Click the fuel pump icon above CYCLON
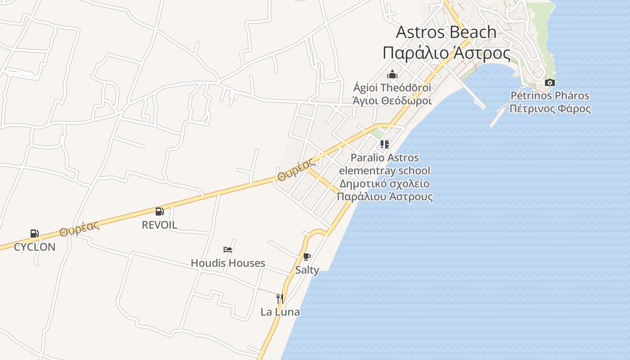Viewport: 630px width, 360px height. (x=34, y=234)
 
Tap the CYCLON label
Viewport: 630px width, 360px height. (x=35, y=247)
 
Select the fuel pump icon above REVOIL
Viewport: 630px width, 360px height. (x=159, y=211)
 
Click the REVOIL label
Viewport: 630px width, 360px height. (x=159, y=225)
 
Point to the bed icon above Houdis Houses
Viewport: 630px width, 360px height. (x=228, y=250)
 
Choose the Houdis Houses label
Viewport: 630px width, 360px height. (x=228, y=263)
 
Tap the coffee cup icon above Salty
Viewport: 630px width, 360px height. (x=307, y=257)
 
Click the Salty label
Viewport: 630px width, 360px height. (x=307, y=270)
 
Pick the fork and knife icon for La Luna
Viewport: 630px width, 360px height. (x=279, y=298)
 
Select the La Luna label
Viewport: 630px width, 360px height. (x=280, y=312)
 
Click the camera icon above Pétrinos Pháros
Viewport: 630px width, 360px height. (x=549, y=83)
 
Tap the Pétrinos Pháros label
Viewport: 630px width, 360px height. (x=549, y=95)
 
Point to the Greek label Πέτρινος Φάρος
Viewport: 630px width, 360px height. (x=550, y=108)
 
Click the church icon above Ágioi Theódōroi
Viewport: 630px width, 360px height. (x=392, y=74)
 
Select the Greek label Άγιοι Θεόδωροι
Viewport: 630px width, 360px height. (x=392, y=101)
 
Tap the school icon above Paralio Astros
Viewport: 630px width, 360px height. (x=384, y=144)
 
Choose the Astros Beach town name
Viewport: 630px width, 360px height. (x=446, y=32)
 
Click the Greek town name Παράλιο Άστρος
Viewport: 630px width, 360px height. (x=446, y=53)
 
